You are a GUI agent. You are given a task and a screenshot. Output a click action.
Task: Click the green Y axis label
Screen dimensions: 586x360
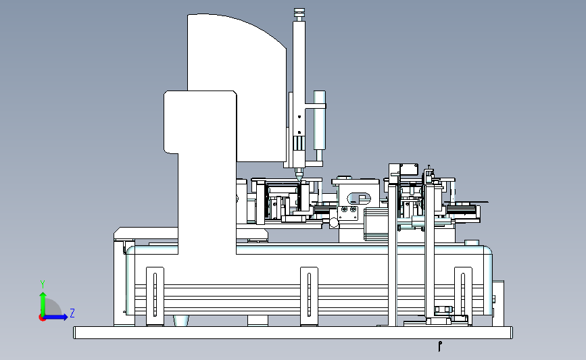click(43, 284)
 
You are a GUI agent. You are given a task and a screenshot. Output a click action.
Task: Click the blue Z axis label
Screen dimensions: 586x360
click(72, 313)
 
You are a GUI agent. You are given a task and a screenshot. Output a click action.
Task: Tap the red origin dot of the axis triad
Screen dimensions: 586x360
click(42, 317)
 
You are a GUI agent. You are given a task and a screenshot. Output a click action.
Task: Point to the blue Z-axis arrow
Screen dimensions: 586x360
click(55, 317)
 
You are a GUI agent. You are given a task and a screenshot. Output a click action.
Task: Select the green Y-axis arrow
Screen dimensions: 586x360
click(43, 304)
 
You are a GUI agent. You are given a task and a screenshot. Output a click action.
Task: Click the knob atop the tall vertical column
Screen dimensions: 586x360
click(299, 14)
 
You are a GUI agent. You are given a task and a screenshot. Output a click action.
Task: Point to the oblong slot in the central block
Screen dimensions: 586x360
click(359, 199)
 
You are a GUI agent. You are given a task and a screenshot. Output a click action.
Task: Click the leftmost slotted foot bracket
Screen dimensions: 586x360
click(155, 296)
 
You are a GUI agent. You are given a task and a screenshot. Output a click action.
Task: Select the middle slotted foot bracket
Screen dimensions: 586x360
click(309, 296)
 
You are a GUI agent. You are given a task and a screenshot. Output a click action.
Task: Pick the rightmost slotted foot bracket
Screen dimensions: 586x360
click(463, 296)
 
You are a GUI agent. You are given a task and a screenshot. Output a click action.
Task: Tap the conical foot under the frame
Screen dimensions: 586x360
click(181, 321)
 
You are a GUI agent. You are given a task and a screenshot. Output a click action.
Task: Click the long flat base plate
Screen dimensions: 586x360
click(293, 333)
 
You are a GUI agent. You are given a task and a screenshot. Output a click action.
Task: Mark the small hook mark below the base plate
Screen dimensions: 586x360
click(440, 346)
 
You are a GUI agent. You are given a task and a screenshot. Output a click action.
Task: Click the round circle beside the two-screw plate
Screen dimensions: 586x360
click(334, 223)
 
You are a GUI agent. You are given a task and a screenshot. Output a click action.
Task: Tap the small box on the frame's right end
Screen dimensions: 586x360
click(498, 303)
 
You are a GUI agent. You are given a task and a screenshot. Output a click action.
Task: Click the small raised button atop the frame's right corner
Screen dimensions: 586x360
click(472, 242)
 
